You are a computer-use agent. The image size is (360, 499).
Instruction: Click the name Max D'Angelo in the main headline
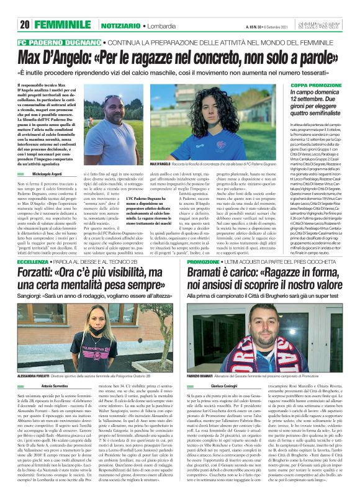point(56,58)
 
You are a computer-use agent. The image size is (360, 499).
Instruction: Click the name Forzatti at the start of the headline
point(37,275)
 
